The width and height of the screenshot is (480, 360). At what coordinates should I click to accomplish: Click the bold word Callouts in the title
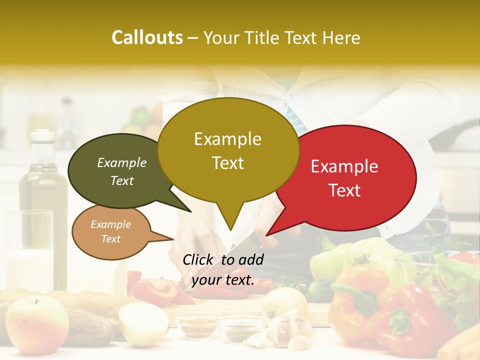[x=147, y=37]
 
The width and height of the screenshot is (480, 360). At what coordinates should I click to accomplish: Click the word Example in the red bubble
[x=344, y=166]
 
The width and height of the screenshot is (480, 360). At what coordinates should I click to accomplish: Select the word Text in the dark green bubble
[x=122, y=180]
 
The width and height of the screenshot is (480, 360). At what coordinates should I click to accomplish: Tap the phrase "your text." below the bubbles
[x=223, y=280]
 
